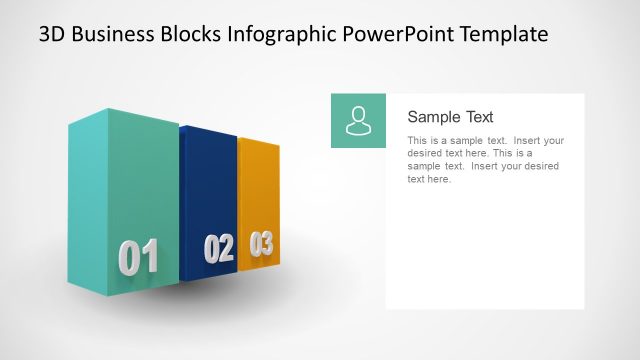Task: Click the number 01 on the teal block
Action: (x=138, y=257)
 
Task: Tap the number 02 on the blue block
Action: (x=218, y=248)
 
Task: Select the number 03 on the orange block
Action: (x=261, y=243)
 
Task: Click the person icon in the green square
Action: (x=358, y=120)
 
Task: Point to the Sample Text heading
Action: (x=450, y=117)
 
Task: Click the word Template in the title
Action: (x=502, y=34)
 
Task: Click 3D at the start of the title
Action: (x=53, y=34)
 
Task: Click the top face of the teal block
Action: (x=120, y=115)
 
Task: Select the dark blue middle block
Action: (x=208, y=190)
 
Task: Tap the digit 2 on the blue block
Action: (x=226, y=248)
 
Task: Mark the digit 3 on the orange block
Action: (x=266, y=243)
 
